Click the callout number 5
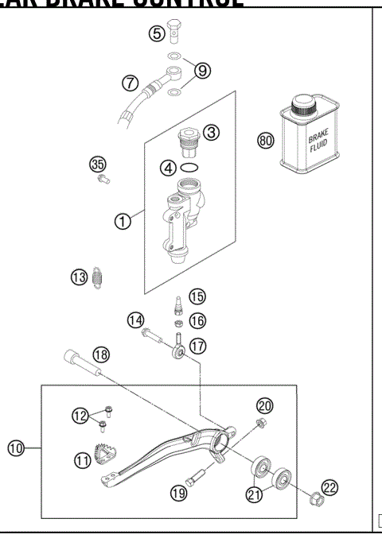[x=157, y=34]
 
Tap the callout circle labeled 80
[x=266, y=141]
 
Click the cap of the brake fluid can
[x=304, y=105]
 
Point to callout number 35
[x=97, y=165]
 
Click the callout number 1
[x=123, y=222]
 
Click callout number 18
[x=101, y=354]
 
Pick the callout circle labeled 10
[x=16, y=448]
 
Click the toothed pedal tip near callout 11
[x=103, y=455]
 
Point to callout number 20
[x=264, y=405]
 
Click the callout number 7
[x=131, y=82]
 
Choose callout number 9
[x=202, y=71]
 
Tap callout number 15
[x=197, y=296]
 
